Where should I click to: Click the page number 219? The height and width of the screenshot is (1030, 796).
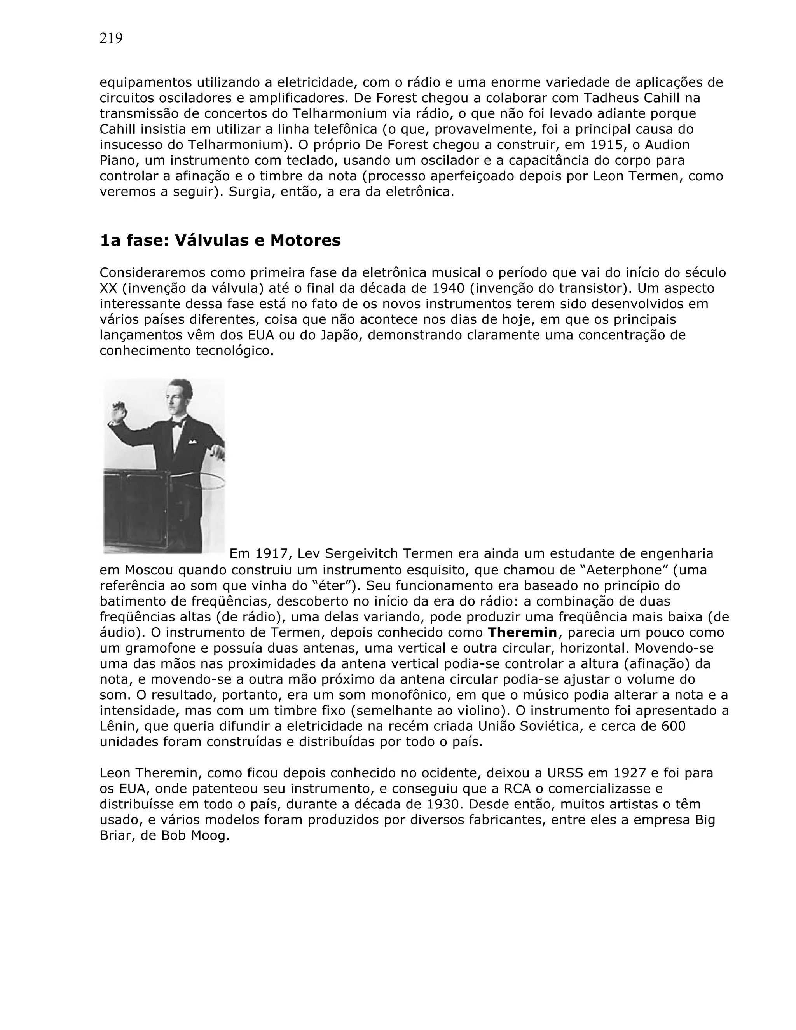[111, 38]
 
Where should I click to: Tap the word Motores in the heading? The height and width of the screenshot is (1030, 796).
[305, 241]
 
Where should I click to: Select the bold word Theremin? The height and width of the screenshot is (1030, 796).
[522, 632]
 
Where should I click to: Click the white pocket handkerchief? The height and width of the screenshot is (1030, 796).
[192, 442]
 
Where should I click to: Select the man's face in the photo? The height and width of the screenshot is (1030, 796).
[180, 396]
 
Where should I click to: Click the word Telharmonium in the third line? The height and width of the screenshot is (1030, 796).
[332, 113]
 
